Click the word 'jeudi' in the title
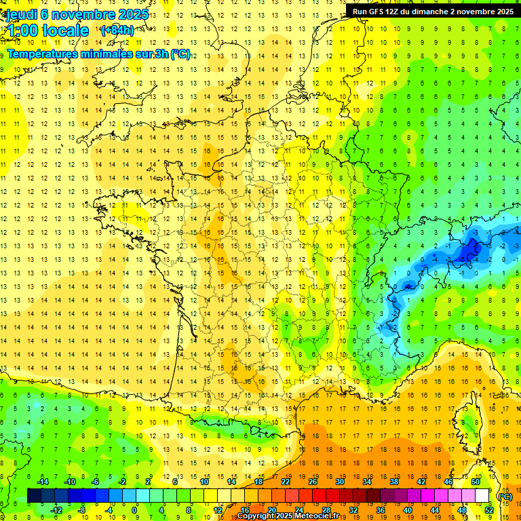click(x=20, y=13)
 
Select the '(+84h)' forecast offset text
click(x=117, y=31)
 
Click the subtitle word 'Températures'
click(x=41, y=54)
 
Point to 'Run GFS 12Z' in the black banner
click(x=377, y=12)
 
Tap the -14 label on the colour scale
click(x=43, y=482)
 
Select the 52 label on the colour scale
click(x=489, y=510)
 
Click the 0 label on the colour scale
click(x=134, y=510)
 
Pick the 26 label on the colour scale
click(x=312, y=482)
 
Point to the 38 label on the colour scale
click(x=393, y=482)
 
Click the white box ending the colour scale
click(x=482, y=496)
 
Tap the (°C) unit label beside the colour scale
click(x=505, y=497)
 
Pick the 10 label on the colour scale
click(x=204, y=482)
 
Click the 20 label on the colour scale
click(x=271, y=510)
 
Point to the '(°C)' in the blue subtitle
click(x=180, y=54)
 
